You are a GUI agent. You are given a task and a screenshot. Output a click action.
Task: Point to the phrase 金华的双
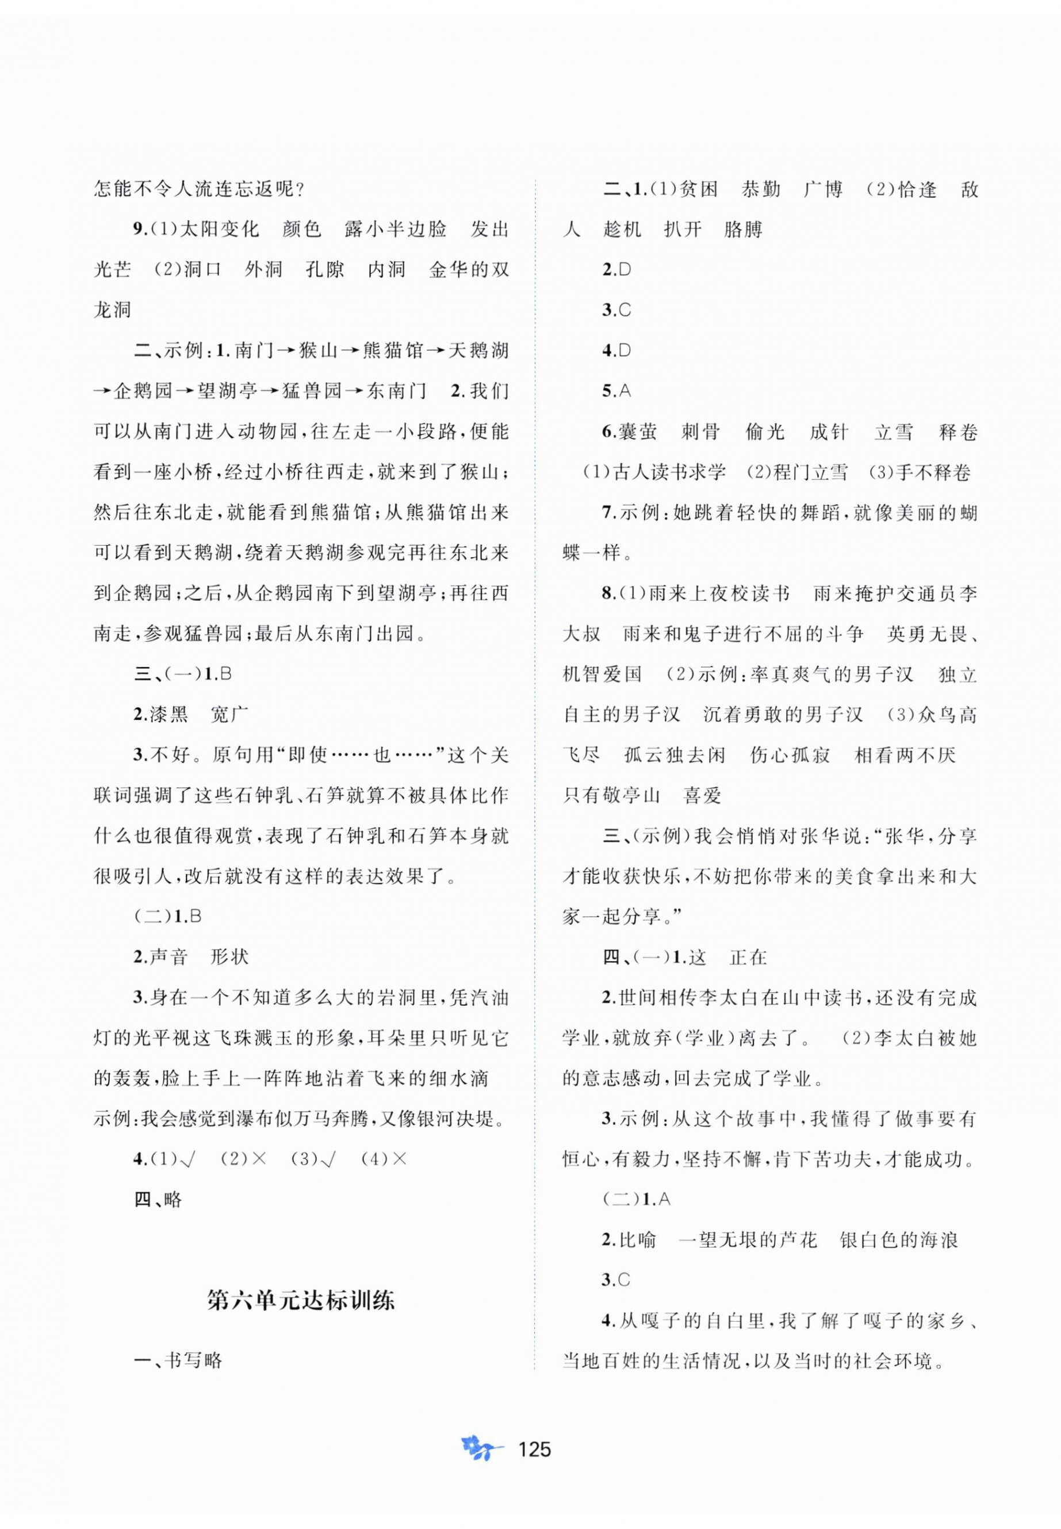point(469,269)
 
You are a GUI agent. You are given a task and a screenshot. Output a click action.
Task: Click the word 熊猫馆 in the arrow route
point(393,350)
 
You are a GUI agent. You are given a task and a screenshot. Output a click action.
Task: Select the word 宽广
point(229,714)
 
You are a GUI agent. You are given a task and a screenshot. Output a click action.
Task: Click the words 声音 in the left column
point(169,957)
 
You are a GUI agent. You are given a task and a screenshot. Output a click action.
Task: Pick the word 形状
point(229,957)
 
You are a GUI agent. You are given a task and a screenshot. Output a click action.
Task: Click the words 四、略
point(158,1199)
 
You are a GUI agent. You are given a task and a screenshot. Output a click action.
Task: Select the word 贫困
point(698,189)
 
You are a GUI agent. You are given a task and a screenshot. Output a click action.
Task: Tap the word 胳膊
point(742,230)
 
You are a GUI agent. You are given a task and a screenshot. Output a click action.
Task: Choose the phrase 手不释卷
point(937,472)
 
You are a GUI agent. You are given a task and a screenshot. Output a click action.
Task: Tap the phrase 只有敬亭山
point(612,795)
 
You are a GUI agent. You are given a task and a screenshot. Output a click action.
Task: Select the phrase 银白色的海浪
point(899,1240)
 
